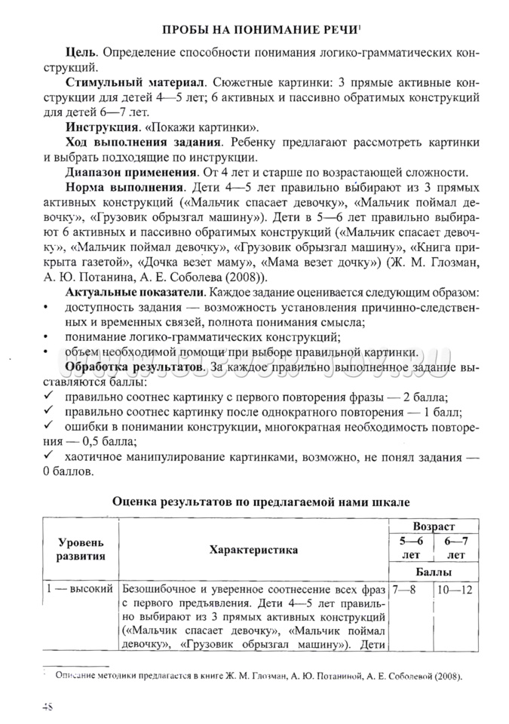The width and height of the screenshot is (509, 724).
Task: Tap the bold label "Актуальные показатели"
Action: coord(134,291)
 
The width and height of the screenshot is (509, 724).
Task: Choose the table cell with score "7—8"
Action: coord(404,588)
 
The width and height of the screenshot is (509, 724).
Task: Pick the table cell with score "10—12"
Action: coord(455,588)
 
